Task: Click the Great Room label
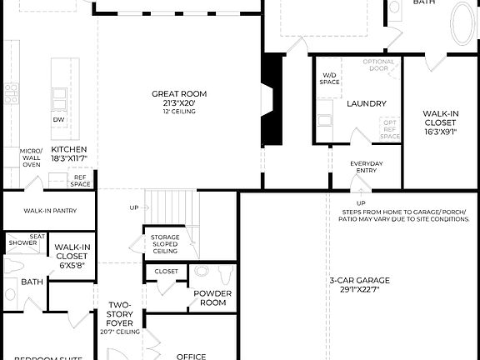[x=178, y=94]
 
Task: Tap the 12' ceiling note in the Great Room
[x=178, y=112]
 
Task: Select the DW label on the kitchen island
[x=58, y=120]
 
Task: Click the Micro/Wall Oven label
[x=31, y=157]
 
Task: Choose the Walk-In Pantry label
[x=49, y=211]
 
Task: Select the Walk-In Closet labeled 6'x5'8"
[x=72, y=256]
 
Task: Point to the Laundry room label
[x=367, y=103]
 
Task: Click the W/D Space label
[x=330, y=78]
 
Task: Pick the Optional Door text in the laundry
[x=379, y=66]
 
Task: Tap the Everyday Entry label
[x=367, y=167]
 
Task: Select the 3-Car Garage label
[x=359, y=285]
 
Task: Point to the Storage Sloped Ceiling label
[x=165, y=244]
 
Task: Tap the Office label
[x=192, y=356]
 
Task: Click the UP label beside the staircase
[x=134, y=207]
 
